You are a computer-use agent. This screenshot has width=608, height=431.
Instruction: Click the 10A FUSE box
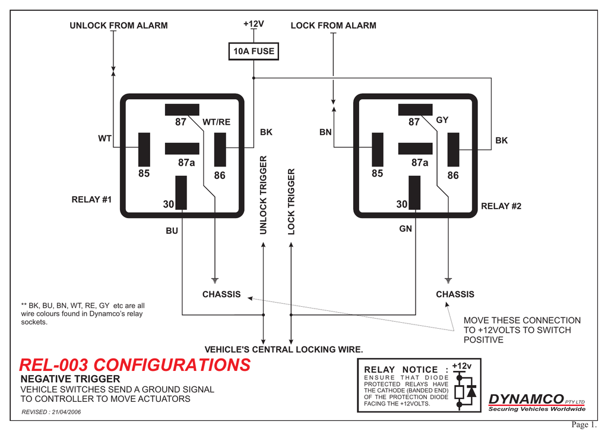(x=254, y=52)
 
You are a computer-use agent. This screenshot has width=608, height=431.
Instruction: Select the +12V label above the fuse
(x=254, y=24)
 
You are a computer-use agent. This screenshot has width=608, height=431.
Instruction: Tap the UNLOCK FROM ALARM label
(x=119, y=26)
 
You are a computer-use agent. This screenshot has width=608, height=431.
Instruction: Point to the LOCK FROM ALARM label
(x=333, y=26)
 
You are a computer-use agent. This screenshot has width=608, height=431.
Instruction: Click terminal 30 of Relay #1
(x=181, y=193)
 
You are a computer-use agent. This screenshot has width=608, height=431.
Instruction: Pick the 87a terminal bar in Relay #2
(x=415, y=149)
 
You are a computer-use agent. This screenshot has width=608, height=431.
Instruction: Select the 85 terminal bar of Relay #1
(x=144, y=149)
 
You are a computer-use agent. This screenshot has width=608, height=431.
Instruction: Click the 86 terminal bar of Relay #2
(x=454, y=149)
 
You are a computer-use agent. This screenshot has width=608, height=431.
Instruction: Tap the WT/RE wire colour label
(x=216, y=122)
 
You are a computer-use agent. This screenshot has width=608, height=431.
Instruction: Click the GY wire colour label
(x=442, y=120)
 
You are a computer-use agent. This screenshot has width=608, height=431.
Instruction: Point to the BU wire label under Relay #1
(x=172, y=231)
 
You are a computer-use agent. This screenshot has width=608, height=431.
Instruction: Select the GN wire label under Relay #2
(x=406, y=228)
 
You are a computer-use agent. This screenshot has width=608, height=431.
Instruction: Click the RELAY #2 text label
(x=501, y=206)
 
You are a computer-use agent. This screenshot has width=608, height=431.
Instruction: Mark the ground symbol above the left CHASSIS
(x=214, y=279)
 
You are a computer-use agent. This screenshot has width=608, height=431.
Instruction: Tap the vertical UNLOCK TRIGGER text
(x=264, y=194)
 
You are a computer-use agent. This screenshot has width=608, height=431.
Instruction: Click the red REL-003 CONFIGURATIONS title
(x=135, y=364)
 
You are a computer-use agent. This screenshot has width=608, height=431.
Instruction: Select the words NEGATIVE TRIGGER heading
(x=70, y=379)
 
